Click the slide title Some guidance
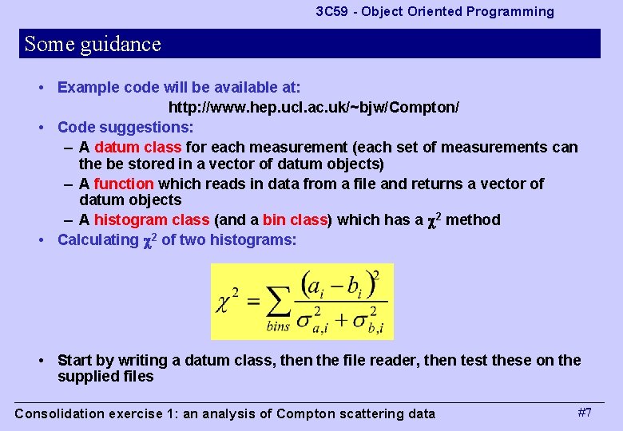tap(93, 44)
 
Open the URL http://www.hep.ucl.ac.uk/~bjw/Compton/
tap(313, 107)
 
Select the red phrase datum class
tap(137, 147)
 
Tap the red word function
tap(123, 184)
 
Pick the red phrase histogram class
tap(151, 219)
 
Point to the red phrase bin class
tap(295, 219)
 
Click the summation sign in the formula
tap(279, 302)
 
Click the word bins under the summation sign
tap(279, 326)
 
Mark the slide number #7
tap(585, 413)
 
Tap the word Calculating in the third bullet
tap(97, 239)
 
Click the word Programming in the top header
tap(512, 12)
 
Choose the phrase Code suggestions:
tap(125, 127)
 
